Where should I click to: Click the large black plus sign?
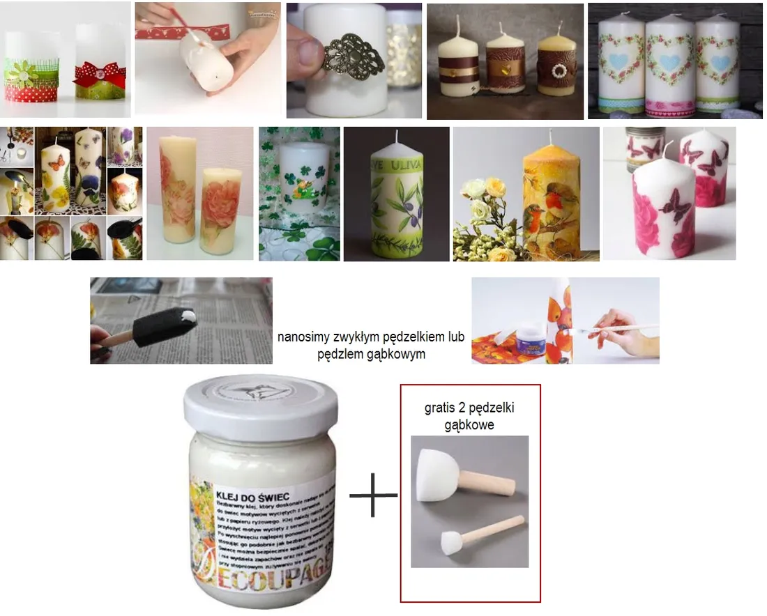click(x=373, y=494)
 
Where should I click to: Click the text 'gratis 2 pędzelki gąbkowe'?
click(x=469, y=416)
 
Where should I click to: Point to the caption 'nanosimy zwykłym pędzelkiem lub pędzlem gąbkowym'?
click(x=371, y=346)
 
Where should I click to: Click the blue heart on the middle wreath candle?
click(x=669, y=62)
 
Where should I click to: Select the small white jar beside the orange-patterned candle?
click(x=533, y=341)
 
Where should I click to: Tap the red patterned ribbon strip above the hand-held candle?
click(x=181, y=32)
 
